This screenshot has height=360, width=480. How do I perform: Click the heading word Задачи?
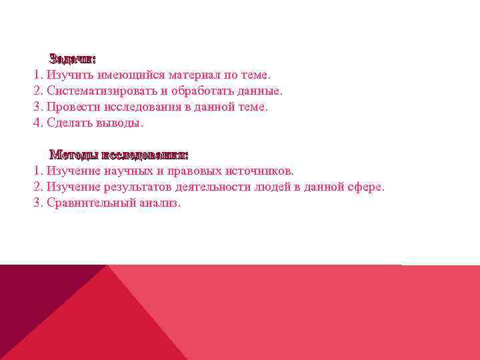72,59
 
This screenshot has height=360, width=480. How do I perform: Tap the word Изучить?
69,75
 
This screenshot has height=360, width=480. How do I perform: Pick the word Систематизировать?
102,91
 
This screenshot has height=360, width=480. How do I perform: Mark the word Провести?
72,107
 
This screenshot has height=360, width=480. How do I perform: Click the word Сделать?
70,123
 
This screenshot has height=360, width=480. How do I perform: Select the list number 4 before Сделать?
37,123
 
